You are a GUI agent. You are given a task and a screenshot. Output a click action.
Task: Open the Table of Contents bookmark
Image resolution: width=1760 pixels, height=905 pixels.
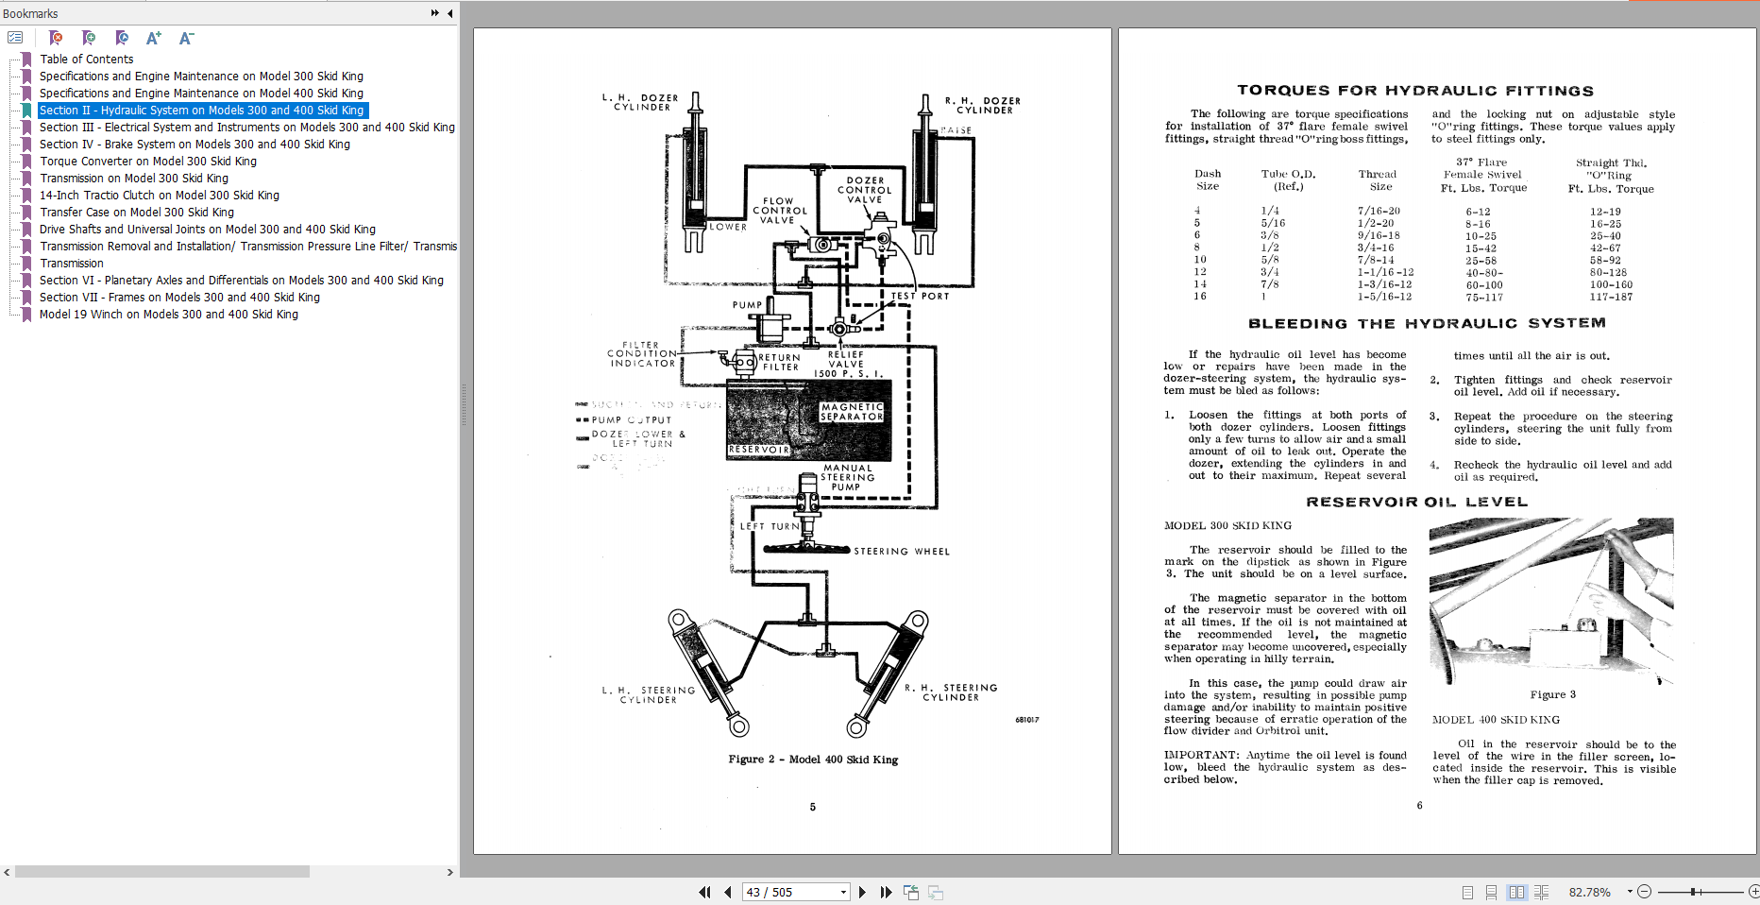[86, 59]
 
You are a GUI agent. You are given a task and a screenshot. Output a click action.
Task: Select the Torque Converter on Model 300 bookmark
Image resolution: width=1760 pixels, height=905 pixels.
[147, 161]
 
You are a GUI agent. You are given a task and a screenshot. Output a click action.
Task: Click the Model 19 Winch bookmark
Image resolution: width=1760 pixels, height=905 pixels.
[168, 314]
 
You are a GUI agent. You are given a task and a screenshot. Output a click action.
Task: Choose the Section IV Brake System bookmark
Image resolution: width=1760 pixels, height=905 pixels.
[194, 144]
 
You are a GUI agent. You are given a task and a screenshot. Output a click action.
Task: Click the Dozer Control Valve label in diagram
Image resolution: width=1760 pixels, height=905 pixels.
[865, 190]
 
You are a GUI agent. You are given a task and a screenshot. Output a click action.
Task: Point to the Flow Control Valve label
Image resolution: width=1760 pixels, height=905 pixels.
[779, 211]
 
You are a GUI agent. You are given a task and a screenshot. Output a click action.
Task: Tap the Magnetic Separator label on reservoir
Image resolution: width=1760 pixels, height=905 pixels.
[852, 412]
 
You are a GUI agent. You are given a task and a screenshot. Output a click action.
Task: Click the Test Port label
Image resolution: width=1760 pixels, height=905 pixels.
[920, 296]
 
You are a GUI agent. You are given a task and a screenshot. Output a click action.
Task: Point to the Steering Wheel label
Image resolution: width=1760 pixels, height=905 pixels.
[902, 551]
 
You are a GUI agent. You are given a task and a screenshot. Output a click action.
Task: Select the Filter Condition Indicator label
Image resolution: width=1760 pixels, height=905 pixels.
[642, 354]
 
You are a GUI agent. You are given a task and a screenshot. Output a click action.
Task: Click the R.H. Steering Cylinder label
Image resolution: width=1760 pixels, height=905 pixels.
[951, 692]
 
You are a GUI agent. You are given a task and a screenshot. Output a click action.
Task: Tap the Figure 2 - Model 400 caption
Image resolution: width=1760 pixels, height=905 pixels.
[813, 760]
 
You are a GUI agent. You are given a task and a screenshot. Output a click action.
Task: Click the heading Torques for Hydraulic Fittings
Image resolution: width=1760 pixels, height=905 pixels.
[1415, 91]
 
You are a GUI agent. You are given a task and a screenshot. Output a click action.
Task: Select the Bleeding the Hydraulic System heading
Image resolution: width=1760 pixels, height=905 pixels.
[1427, 323]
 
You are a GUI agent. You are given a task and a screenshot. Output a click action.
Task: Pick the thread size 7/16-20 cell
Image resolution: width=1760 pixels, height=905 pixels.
[1379, 211]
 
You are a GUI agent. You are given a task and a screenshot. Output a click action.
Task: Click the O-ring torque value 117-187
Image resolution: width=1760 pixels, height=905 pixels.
[1611, 297]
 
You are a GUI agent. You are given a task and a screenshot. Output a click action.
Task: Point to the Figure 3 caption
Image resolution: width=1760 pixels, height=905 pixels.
[1552, 694]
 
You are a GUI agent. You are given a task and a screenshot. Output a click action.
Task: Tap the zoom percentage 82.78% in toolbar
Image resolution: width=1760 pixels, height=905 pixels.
[1589, 892]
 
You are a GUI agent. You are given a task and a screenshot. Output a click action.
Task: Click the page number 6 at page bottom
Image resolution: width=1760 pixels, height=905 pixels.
[1419, 805]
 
